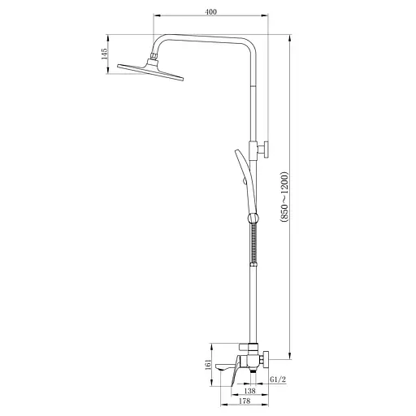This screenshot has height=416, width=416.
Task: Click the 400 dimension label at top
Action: pyautogui.click(x=211, y=12)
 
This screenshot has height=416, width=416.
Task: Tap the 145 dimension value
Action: pyautogui.click(x=104, y=54)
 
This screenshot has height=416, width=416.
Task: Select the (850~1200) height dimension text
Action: pyautogui.click(x=284, y=197)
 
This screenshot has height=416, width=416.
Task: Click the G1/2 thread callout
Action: pyautogui.click(x=278, y=379)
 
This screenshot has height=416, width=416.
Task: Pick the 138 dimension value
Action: pyautogui.click(x=249, y=391)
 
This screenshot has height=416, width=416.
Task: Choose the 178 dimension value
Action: pyautogui.click(x=245, y=401)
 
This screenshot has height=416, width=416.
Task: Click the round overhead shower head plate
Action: pyautogui.click(x=150, y=71)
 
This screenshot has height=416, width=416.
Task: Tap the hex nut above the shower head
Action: pyautogui.click(x=154, y=56)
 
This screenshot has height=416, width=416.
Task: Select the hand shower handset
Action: pyautogui.click(x=246, y=176)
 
